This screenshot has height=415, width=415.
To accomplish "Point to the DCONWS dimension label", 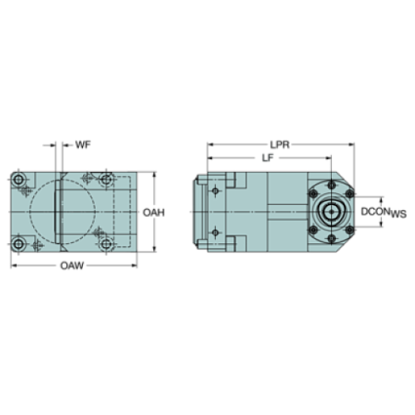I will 380,211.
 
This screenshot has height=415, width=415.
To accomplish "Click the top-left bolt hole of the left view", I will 18,179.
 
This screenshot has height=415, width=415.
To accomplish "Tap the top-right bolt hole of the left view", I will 105,179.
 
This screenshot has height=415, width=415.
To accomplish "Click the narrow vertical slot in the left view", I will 56,212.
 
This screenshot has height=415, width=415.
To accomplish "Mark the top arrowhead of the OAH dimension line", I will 152,174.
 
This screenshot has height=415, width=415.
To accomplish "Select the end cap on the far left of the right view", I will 200,212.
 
